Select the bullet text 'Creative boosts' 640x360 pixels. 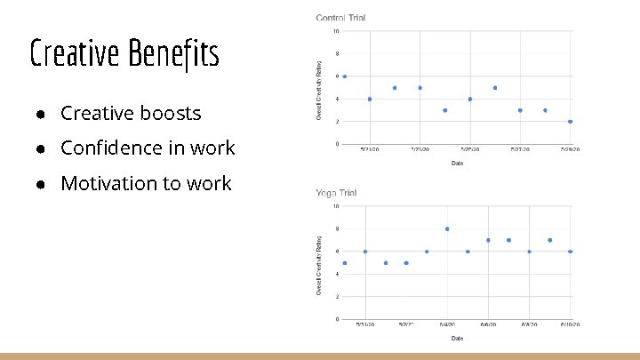click(x=131, y=114)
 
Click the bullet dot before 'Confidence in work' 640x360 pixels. click(x=42, y=148)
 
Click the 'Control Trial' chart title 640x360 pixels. click(x=340, y=18)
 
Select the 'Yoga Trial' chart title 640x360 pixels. click(x=336, y=193)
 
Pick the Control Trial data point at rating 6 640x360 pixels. click(x=345, y=76)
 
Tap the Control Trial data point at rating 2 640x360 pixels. click(x=571, y=122)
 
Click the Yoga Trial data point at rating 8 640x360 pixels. click(x=447, y=228)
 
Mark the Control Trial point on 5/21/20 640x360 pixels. click(x=370, y=99)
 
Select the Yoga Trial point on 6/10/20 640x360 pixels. click(x=571, y=252)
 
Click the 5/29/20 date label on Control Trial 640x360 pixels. click(x=570, y=150)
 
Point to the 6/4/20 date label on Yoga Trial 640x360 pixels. click(x=446, y=325)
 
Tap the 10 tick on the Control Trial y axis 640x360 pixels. click(x=335, y=31)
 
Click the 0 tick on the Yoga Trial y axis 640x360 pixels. click(x=336, y=319)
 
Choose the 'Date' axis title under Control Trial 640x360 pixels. click(x=457, y=163)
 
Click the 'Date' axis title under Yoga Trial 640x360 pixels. click(x=457, y=338)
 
